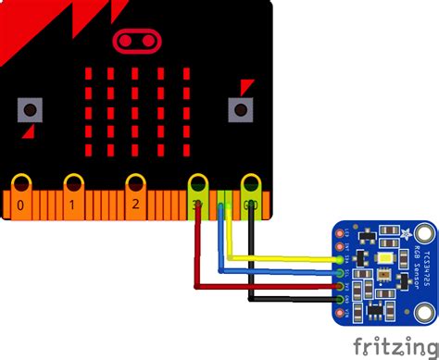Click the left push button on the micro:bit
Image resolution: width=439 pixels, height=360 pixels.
31,111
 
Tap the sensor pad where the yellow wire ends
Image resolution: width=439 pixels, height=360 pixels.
344,260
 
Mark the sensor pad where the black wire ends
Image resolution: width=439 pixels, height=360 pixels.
344,300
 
